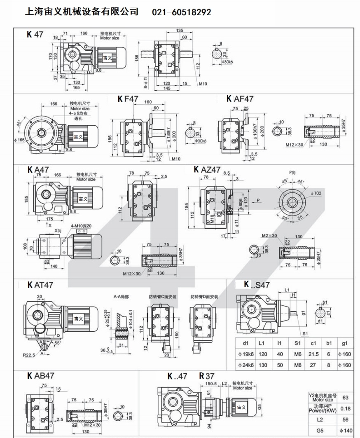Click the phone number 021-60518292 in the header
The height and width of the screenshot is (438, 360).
(182, 12)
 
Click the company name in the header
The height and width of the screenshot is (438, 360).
(82, 12)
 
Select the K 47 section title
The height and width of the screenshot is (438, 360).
(35, 35)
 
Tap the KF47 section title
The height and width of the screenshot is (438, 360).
(128, 99)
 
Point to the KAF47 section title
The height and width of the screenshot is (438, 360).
(240, 99)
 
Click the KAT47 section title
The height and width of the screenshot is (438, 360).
(40, 285)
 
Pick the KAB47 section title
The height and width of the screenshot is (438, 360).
(40, 376)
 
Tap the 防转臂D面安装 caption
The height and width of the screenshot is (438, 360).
(204, 297)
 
